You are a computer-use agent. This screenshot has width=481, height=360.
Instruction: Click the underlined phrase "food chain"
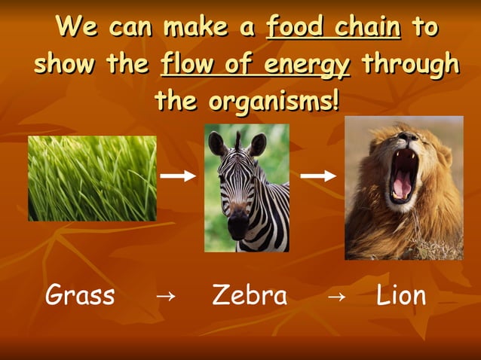coord(334,28)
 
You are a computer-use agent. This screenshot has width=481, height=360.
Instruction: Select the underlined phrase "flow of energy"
coord(256,64)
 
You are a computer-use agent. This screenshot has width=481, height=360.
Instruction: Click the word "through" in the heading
coord(409,64)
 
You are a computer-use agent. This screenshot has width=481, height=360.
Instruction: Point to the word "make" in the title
coord(198,28)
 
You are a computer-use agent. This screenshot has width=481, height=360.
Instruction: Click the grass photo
coord(92,178)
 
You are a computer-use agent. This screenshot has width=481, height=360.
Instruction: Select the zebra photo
coord(247,188)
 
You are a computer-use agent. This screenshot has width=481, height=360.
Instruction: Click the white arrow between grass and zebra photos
coord(179,176)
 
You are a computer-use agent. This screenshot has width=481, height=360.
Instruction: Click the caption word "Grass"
coord(80,295)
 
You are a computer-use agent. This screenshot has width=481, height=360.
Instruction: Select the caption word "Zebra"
coord(250,295)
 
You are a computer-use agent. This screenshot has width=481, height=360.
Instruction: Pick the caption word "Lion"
coord(401,295)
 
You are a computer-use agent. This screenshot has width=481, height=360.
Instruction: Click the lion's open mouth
coord(403,177)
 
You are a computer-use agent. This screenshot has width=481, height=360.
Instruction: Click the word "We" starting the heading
coord(75,28)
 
